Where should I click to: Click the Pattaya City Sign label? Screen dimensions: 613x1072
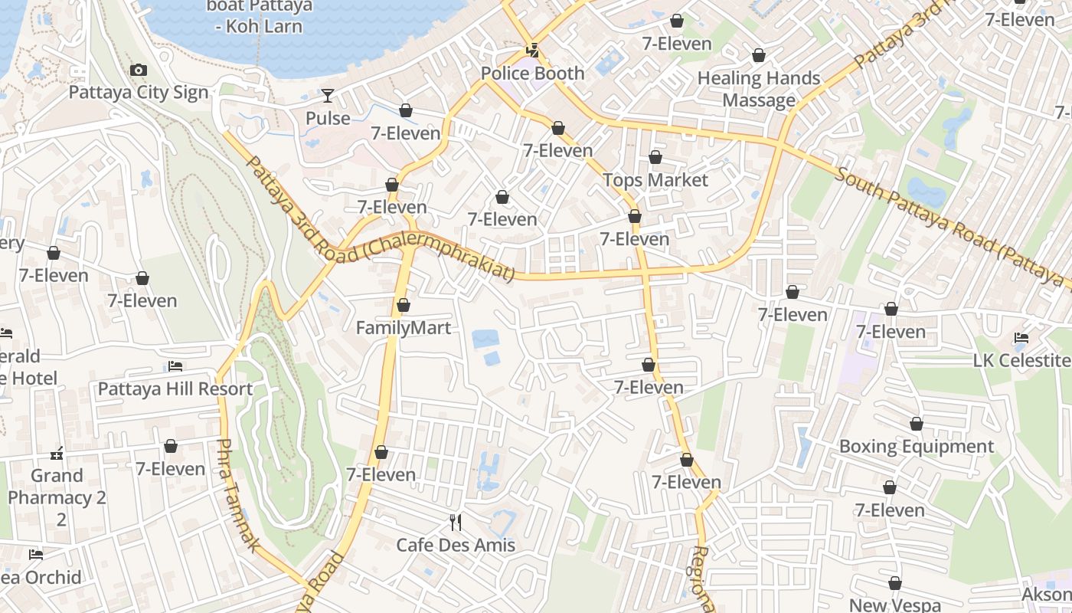click(x=139, y=93)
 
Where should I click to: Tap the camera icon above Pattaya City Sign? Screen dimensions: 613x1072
click(x=138, y=70)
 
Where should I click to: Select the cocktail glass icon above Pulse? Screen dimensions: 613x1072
click(x=328, y=96)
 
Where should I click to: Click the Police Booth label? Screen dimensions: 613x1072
click(x=532, y=74)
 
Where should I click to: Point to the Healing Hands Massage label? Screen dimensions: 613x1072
click(x=759, y=89)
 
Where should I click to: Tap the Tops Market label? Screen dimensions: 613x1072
click(x=655, y=180)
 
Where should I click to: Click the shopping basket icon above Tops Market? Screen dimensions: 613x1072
click(x=655, y=158)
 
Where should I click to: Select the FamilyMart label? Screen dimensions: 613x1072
click(x=404, y=328)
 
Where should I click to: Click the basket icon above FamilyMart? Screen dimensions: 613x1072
click(x=404, y=306)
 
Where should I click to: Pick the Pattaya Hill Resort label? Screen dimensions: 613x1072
click(x=175, y=388)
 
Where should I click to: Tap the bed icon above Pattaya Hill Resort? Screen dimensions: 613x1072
click(x=175, y=366)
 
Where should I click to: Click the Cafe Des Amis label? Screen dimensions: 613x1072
click(x=456, y=545)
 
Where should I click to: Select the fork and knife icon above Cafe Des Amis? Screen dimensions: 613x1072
click(x=456, y=523)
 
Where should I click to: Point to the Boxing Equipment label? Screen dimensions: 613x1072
click(x=917, y=446)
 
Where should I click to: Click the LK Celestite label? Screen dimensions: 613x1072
click(x=1021, y=360)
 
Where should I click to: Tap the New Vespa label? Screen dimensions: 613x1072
click(x=895, y=605)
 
